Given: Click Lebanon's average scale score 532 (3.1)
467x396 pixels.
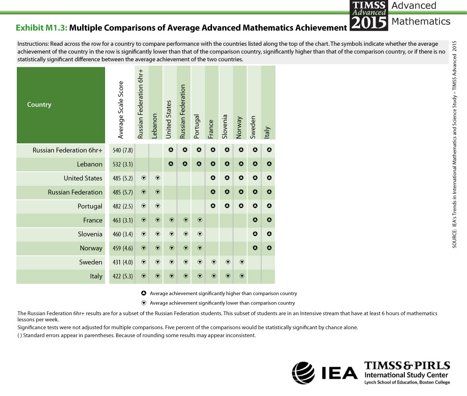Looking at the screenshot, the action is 123,164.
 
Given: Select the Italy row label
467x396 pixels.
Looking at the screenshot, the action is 96,276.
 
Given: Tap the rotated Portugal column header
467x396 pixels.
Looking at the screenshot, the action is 197,127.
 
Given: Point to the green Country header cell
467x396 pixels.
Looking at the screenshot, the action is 61,105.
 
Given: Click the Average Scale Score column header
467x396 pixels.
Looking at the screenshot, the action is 120,110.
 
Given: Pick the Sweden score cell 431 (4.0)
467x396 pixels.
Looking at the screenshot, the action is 123,262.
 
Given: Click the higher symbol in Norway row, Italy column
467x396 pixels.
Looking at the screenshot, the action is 269,247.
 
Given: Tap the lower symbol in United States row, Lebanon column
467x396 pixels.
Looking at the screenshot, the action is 158,178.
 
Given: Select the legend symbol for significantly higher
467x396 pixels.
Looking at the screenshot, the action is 144,293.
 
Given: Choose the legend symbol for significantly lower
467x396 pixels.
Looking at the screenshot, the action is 144,303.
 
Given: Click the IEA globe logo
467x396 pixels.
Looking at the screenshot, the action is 303,373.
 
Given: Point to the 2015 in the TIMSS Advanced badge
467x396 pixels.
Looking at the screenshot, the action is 369,22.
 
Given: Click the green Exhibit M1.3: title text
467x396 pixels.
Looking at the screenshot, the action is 42,28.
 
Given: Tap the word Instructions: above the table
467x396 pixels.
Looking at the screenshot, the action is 33,44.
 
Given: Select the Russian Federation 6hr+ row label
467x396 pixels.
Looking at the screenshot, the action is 67,150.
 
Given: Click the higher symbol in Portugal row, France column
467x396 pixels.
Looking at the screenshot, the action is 213,206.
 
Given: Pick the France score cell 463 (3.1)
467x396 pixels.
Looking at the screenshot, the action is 123,220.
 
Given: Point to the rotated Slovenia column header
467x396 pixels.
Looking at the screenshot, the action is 225,127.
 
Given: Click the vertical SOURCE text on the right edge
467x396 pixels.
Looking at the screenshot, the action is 454,144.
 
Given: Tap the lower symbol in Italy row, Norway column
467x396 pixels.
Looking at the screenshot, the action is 242,276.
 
